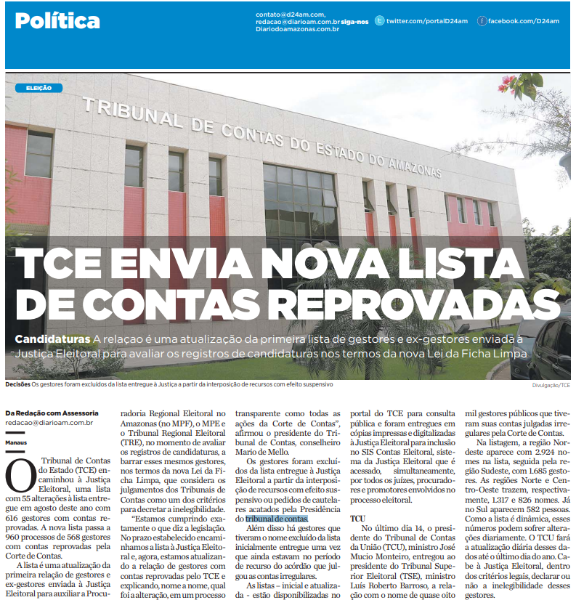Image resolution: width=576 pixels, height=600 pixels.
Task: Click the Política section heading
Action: (x=57, y=20)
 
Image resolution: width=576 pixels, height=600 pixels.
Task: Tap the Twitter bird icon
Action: (x=379, y=21)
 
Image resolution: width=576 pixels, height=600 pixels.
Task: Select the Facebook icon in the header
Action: (x=481, y=21)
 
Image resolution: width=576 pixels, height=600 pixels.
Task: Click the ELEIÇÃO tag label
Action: (x=38, y=87)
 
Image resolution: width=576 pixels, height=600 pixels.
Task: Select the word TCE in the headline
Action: (x=58, y=264)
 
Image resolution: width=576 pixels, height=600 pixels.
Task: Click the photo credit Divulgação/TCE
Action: (x=551, y=385)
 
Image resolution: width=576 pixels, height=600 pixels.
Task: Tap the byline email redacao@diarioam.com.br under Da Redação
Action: (x=49, y=421)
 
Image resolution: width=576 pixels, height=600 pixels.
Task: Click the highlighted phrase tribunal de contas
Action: (x=277, y=519)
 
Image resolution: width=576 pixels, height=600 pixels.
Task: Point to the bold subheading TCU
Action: (x=357, y=519)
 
